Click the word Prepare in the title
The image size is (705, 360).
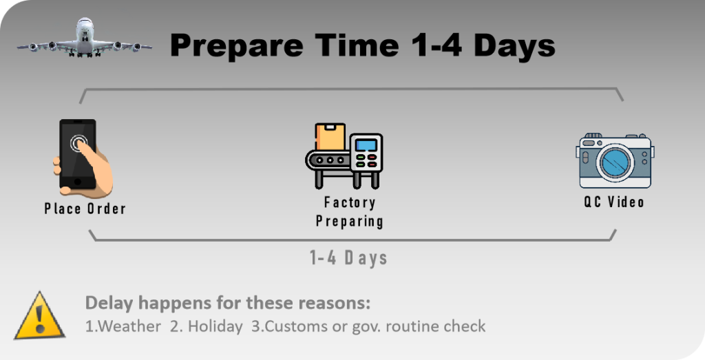237,46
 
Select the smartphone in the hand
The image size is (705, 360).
78,154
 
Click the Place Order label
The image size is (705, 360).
85,209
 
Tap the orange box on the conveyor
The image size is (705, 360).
330,137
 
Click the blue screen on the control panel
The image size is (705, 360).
366,145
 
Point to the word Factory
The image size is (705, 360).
350,202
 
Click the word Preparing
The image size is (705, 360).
349,221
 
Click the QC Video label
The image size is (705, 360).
613,202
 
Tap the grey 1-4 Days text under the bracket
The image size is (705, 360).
348,258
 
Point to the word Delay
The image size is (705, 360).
109,302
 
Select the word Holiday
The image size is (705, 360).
215,326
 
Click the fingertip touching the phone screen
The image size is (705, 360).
80,144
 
